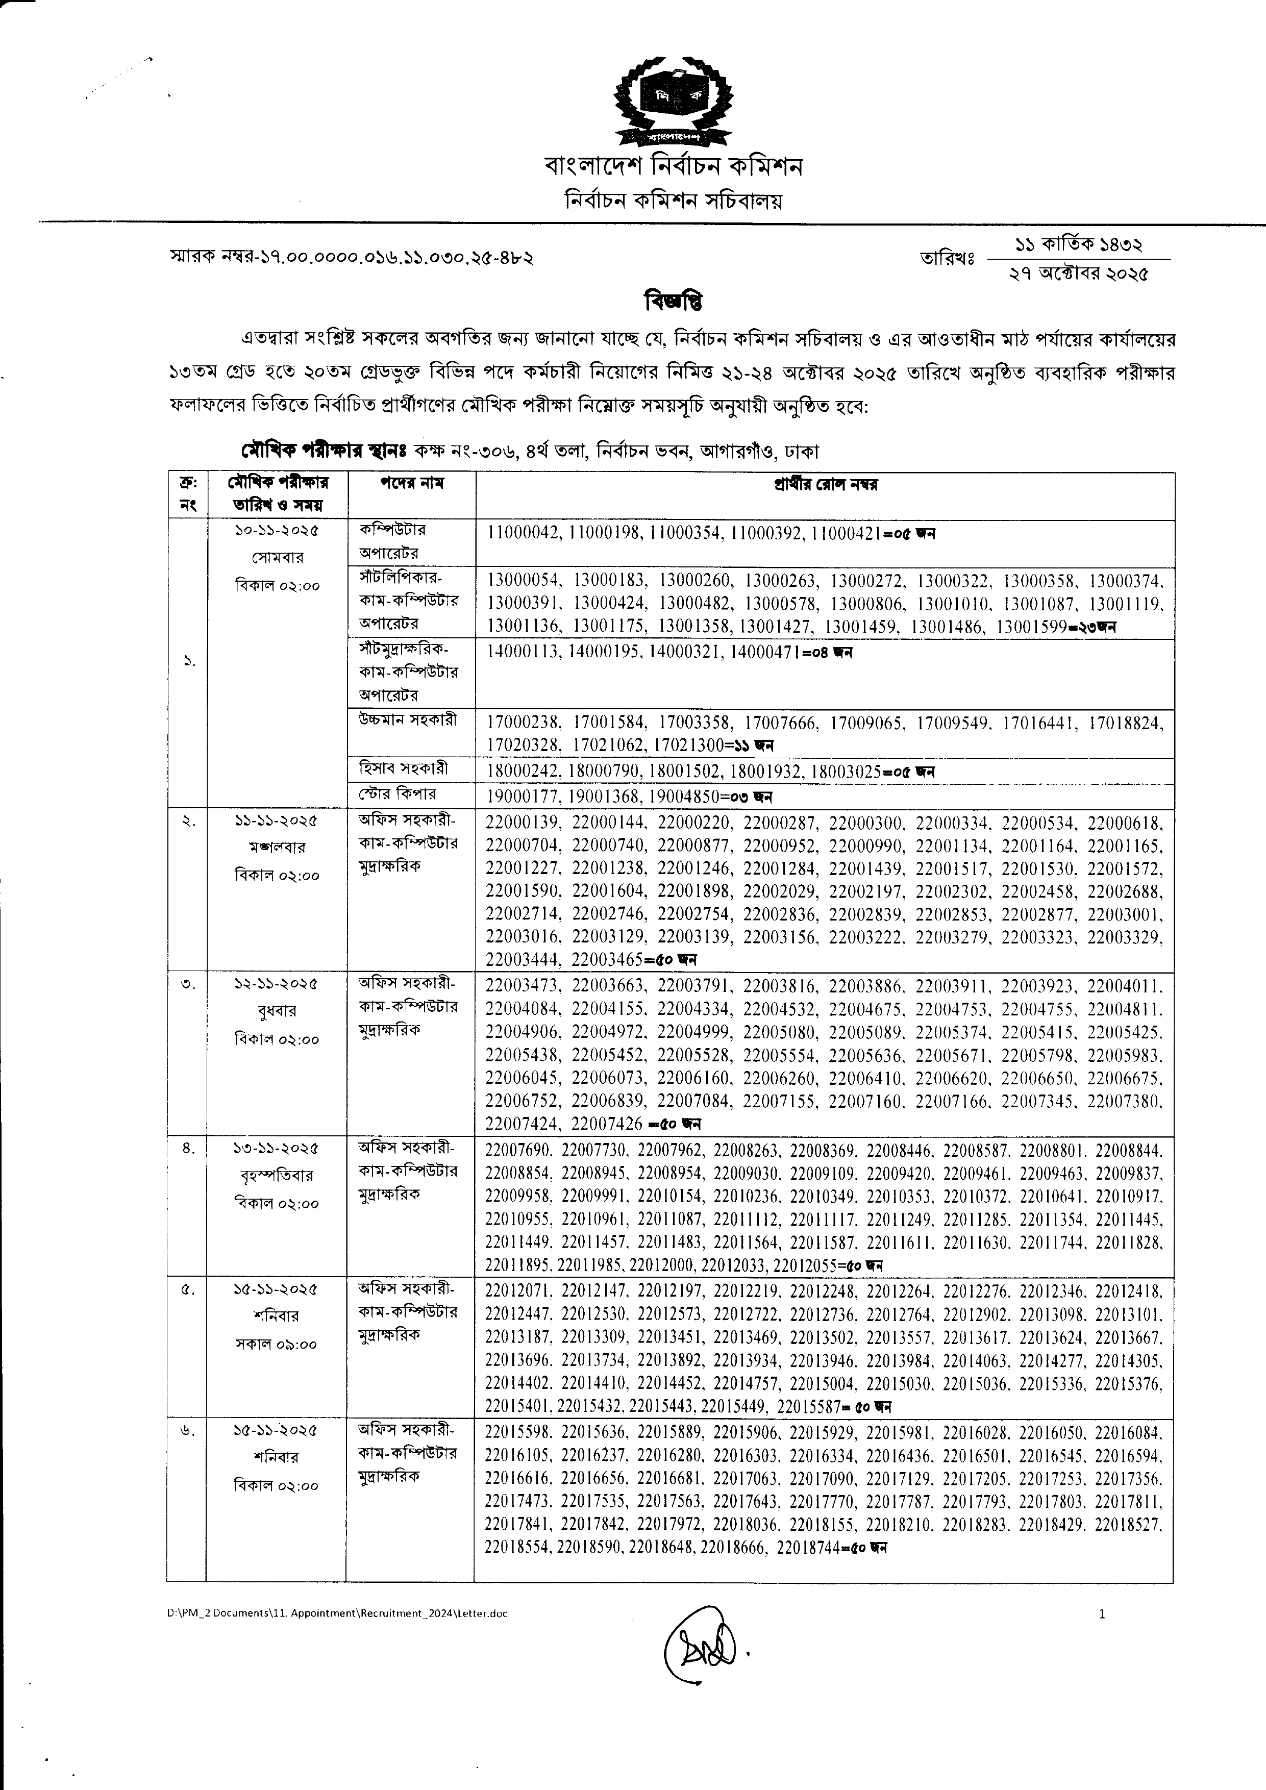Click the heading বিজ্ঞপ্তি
(x=674, y=300)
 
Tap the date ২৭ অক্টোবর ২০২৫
(x=1078, y=274)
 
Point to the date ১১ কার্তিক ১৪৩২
(x=1078, y=245)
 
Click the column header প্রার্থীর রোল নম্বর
(x=825, y=485)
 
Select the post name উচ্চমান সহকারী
(x=408, y=720)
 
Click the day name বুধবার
(x=277, y=1011)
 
